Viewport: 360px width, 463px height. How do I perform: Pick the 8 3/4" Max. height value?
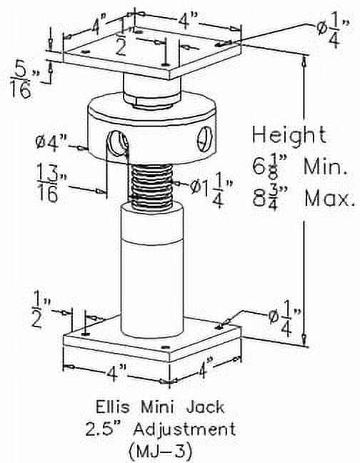pyautogui.click(x=300, y=196)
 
